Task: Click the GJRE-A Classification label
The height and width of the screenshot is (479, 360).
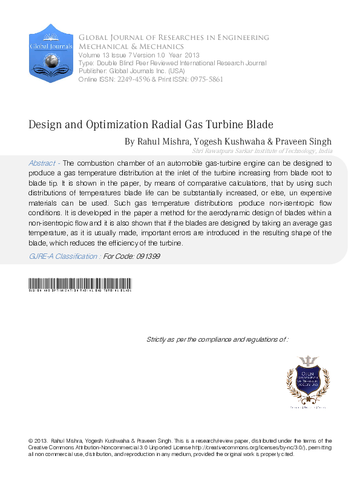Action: pyautogui.click(x=65, y=256)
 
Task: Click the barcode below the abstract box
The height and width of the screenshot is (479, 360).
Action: pyautogui.click(x=80, y=284)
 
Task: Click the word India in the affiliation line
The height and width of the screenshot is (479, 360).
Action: pyautogui.click(x=324, y=151)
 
